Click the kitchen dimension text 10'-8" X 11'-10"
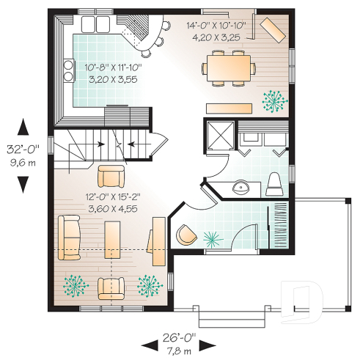pyautogui.click(x=110, y=67)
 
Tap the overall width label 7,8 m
pyautogui.click(x=178, y=351)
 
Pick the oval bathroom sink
pyautogui.click(x=239, y=188)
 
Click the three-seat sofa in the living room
pyautogui.click(x=68, y=238)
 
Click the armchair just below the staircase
pyautogui.click(x=111, y=176)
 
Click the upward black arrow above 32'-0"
pyautogui.click(x=24, y=128)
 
